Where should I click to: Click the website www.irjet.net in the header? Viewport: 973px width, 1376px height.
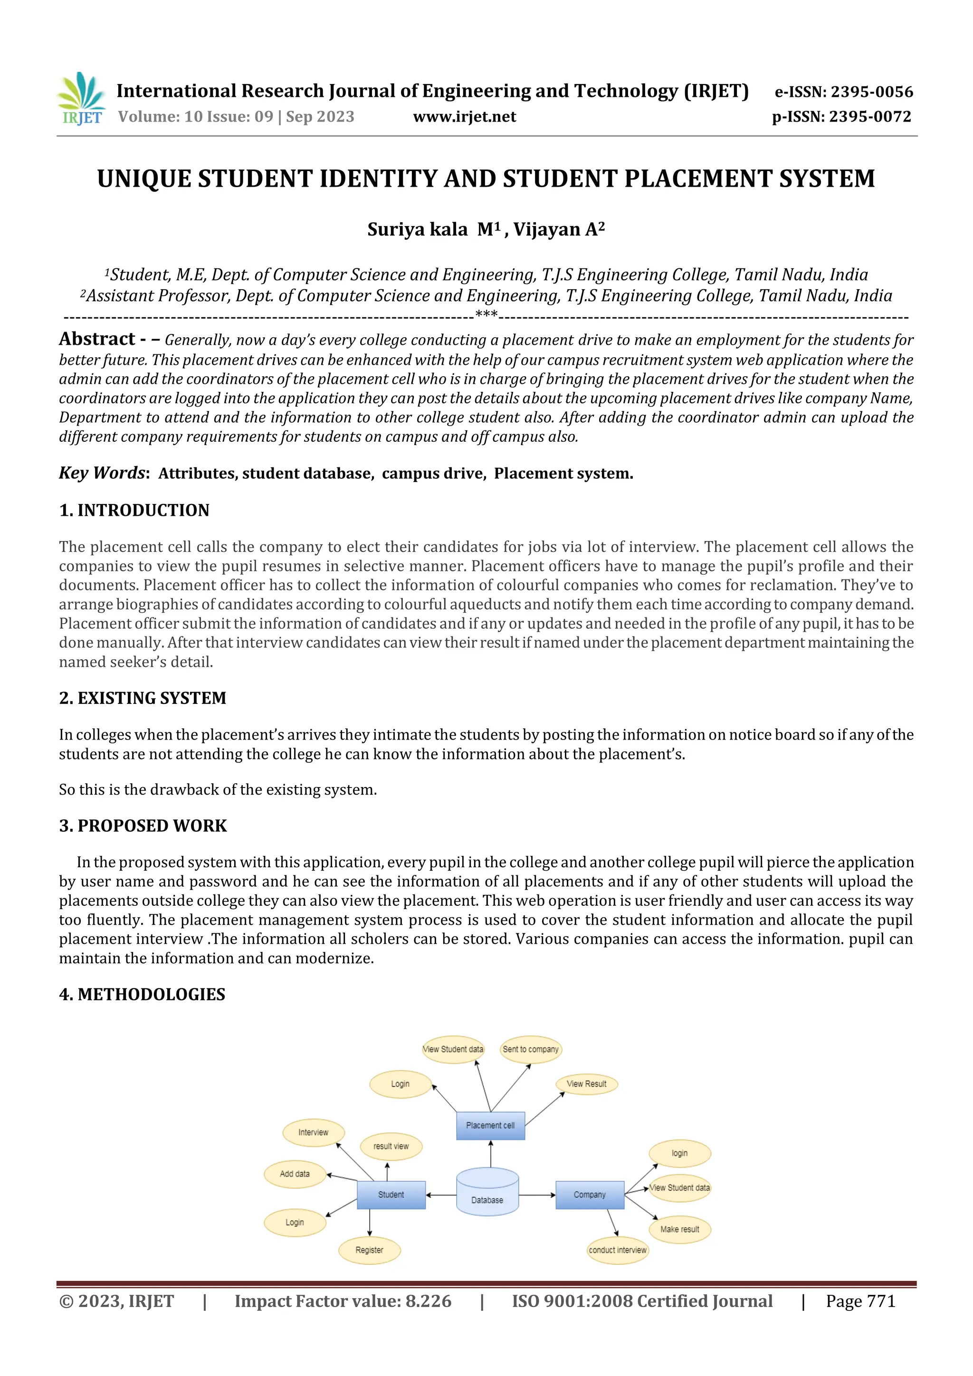coord(464,116)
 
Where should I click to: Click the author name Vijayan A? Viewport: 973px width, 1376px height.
coord(558,229)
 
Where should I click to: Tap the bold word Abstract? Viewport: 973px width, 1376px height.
coord(97,339)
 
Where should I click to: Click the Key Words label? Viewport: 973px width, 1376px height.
coord(103,473)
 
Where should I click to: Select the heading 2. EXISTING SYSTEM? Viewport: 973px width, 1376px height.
coord(143,698)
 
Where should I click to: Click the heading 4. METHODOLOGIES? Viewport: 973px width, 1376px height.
coord(142,994)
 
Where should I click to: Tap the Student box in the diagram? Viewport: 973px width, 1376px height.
coord(391,1195)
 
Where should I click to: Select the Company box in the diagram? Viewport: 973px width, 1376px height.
coord(589,1195)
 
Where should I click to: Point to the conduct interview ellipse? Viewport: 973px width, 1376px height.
coord(618,1250)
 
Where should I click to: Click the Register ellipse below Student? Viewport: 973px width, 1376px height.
coord(369,1250)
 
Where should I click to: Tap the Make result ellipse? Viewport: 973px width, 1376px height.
coord(679,1229)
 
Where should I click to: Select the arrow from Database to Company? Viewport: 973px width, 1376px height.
coord(536,1195)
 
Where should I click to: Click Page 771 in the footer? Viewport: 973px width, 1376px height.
coord(860,1301)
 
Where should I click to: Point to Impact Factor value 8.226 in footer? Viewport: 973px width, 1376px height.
coord(343,1301)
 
